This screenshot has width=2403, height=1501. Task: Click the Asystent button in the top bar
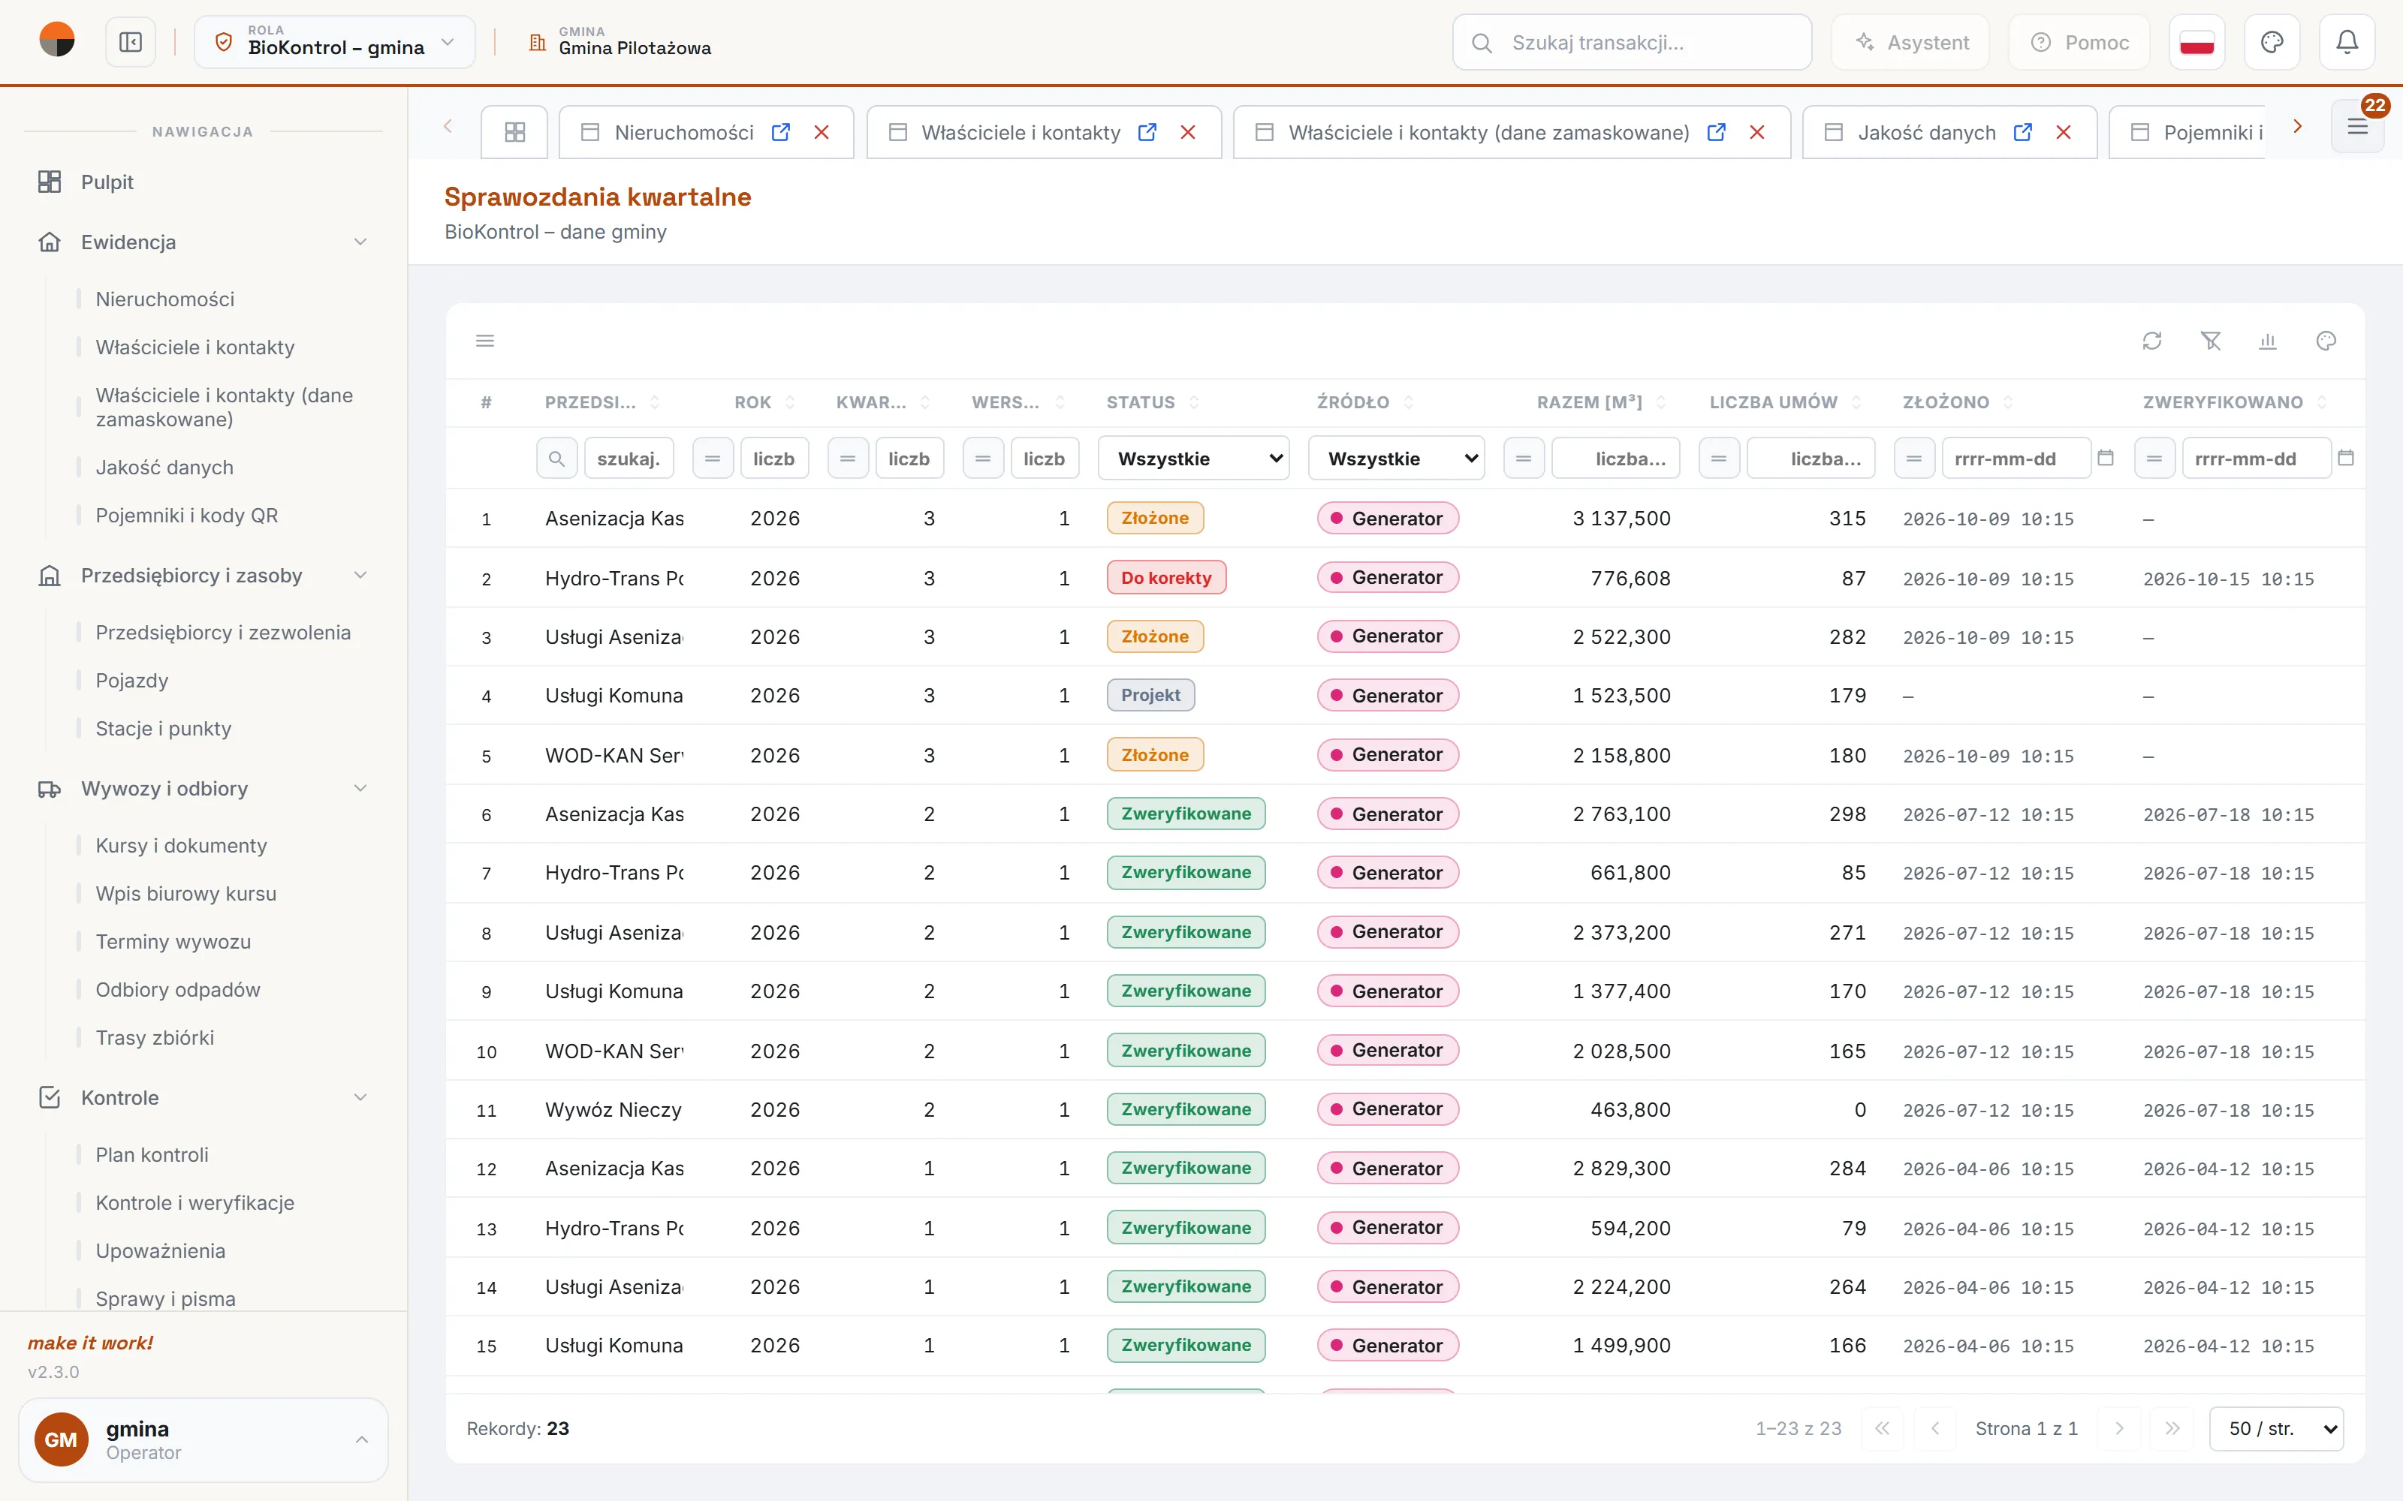tap(1910, 43)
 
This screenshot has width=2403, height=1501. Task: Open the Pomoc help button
tap(2079, 43)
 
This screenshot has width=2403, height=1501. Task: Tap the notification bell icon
tap(2347, 43)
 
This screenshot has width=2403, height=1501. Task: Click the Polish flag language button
tap(2196, 43)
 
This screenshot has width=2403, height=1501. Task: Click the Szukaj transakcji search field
tap(1632, 43)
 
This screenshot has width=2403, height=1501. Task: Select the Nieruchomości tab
tap(683, 132)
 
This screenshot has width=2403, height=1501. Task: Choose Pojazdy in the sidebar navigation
tap(132, 680)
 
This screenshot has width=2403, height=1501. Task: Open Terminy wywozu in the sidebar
tap(173, 941)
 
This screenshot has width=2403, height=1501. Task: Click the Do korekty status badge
tap(1165, 578)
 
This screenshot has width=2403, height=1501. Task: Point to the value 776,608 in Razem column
tap(1630, 578)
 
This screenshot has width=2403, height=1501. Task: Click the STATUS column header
tap(1141, 402)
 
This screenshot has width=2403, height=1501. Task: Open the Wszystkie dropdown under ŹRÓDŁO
tap(1396, 459)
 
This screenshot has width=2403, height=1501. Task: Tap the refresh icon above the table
tap(2151, 341)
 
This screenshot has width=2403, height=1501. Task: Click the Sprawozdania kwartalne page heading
tap(598, 197)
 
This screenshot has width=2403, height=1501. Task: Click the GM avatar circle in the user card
tap(62, 1439)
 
